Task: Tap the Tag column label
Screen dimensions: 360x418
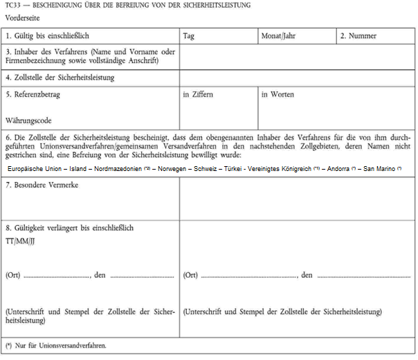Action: [190, 35]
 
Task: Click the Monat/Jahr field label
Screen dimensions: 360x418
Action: [280, 35]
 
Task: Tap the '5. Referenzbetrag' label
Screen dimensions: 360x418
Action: [35, 94]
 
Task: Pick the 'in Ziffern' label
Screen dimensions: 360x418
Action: [197, 94]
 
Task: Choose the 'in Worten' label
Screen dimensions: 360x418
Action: [278, 94]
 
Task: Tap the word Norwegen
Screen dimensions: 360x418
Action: [176, 168]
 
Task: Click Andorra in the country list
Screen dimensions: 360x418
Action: [338, 168]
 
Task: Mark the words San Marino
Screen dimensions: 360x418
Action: [379, 168]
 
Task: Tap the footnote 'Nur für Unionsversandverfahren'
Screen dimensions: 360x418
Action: [60, 345]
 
